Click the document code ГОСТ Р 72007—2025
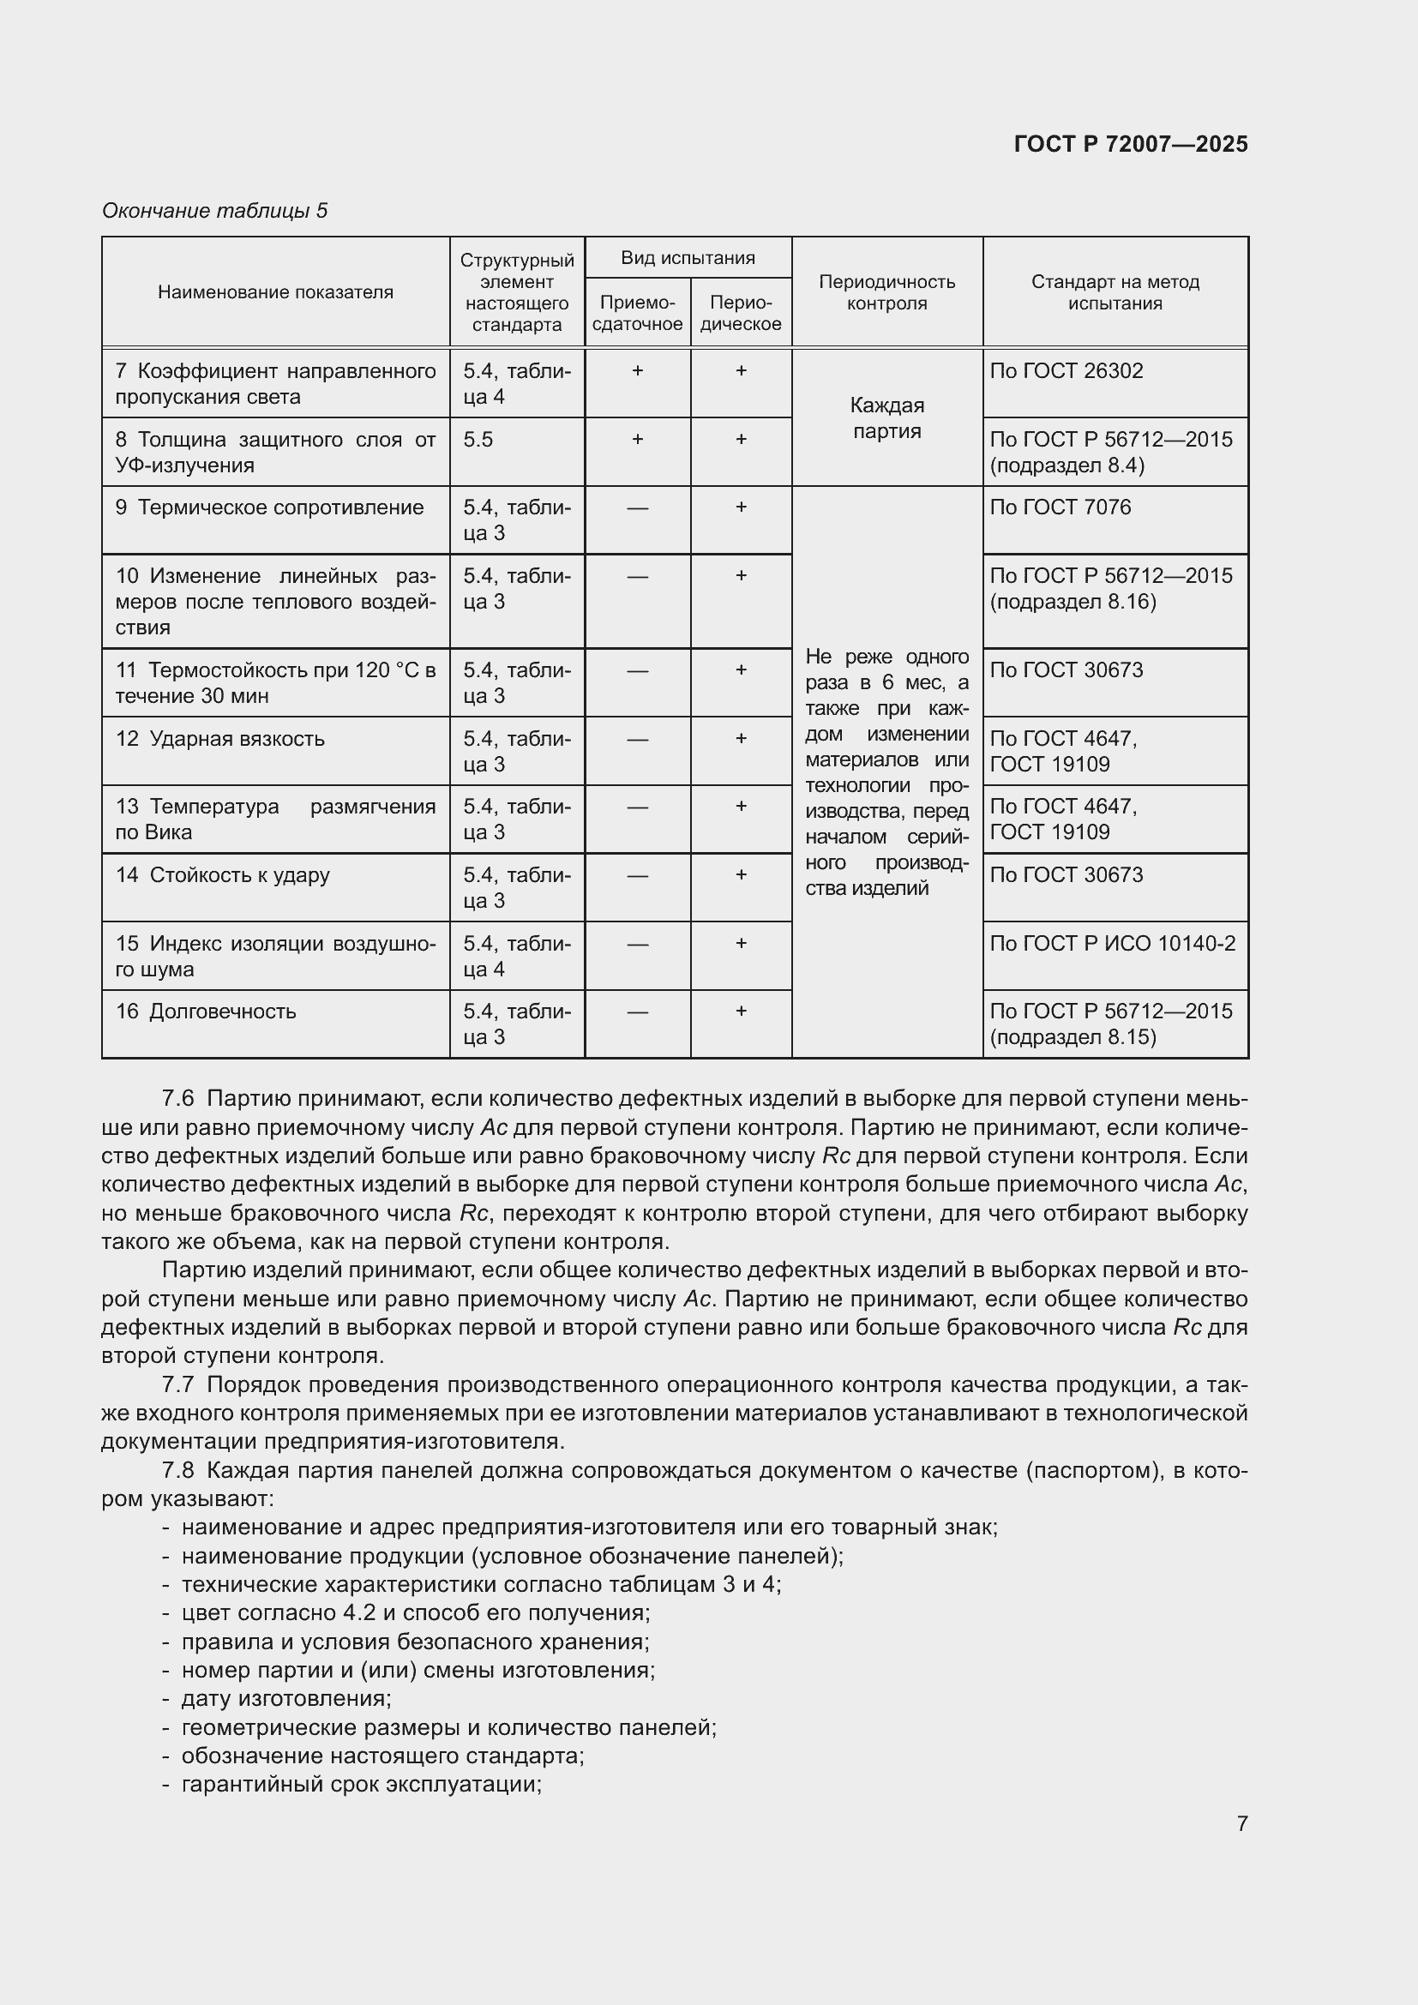click(1130, 144)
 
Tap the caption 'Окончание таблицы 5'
click(215, 211)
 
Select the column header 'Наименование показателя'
click(275, 292)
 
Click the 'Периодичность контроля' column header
click(886, 292)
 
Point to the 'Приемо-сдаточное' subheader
click(636, 314)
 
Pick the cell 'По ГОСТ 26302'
click(1067, 371)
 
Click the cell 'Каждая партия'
click(886, 418)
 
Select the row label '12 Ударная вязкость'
click(220, 739)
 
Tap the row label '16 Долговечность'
click(206, 1012)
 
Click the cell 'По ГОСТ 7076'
click(1060, 507)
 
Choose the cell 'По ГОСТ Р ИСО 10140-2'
click(1113, 943)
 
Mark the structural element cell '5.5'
click(478, 439)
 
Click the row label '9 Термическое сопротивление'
click(270, 507)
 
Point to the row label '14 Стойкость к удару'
click(223, 875)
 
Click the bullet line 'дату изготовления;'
click(285, 1698)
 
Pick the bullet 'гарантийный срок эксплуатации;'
click(362, 1784)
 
